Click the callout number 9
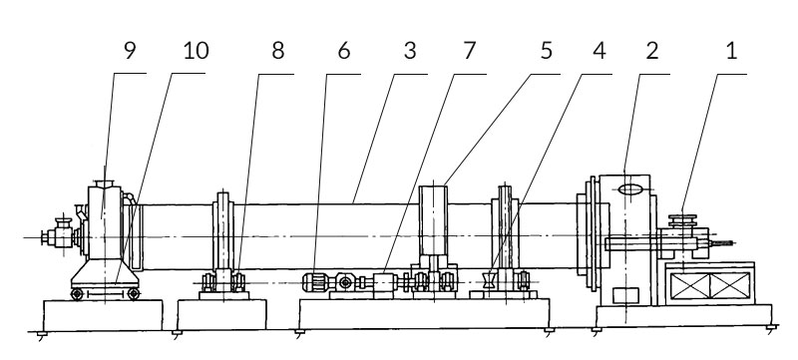pyautogui.click(x=131, y=52)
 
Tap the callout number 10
pyautogui.click(x=197, y=52)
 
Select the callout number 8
pyautogui.click(x=277, y=52)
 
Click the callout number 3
pyautogui.click(x=408, y=52)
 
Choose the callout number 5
pyautogui.click(x=545, y=52)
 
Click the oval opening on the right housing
pyautogui.click(x=628, y=190)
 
